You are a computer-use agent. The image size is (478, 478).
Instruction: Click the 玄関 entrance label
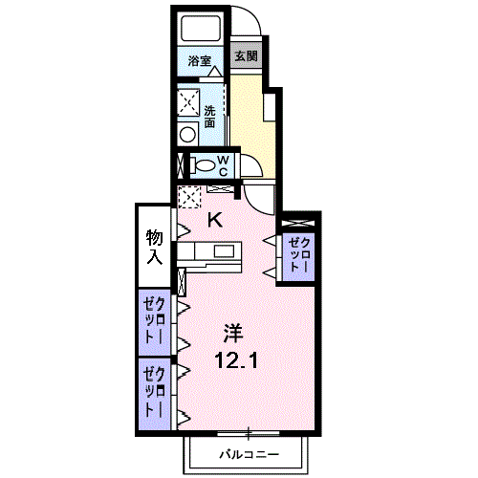tap(246, 56)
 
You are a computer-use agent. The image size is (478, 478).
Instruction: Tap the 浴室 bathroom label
tap(200, 61)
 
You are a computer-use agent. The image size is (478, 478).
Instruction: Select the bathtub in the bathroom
tap(201, 28)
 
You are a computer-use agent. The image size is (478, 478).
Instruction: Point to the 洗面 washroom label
tap(209, 117)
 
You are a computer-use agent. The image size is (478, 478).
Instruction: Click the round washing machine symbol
tap(187, 135)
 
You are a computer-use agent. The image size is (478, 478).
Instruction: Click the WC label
tap(224, 165)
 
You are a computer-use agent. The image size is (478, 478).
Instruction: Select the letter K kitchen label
tap(215, 220)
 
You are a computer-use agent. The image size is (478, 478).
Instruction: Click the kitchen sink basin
tap(224, 251)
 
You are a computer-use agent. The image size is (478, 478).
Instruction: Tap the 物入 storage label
tap(155, 247)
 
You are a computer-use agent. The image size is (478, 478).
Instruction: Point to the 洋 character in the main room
tap(233, 333)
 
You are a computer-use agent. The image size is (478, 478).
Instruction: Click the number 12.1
tap(236, 361)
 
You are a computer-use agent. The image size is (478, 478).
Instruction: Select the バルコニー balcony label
tap(249, 454)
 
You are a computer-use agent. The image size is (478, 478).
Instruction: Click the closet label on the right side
tap(298, 255)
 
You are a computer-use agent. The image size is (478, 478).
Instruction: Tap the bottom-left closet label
tap(155, 392)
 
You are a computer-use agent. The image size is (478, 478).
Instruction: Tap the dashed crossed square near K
tap(189, 197)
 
